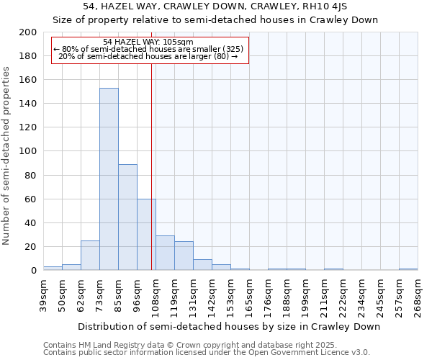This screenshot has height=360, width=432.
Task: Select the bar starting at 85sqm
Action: pos(127,217)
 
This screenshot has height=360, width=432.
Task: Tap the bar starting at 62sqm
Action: pos(90,255)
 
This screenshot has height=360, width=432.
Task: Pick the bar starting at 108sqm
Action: pos(165,253)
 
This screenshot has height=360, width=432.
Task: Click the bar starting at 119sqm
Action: pos(184,256)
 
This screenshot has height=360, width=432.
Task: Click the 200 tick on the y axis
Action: pos(28,32)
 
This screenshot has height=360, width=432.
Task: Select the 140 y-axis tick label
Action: pos(28,104)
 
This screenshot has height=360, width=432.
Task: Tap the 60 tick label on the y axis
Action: pos(31,199)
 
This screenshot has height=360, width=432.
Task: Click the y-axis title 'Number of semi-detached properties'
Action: pos(7,156)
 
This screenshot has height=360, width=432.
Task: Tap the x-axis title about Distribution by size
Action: pos(228,326)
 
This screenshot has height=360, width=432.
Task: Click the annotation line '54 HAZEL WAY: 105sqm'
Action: pos(148,42)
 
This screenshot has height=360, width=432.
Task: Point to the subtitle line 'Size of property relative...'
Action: pos(216,19)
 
